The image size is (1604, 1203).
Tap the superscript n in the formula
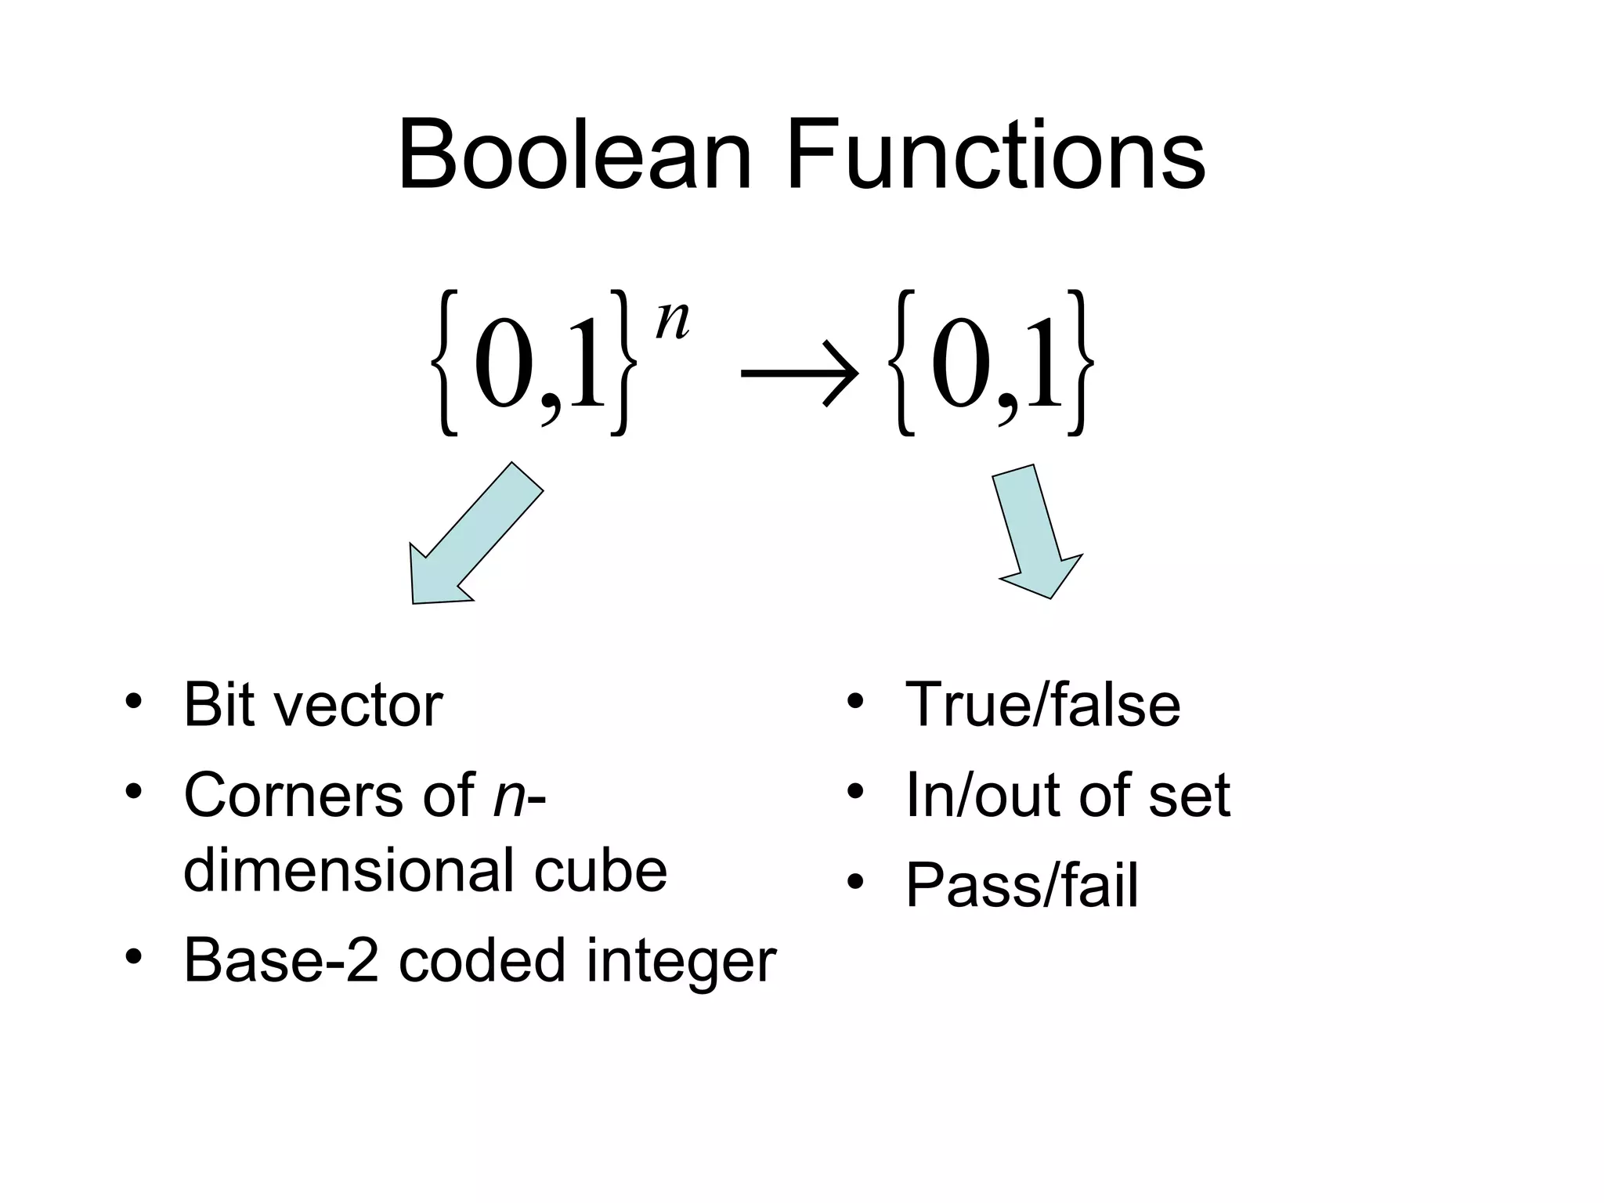[x=672, y=320]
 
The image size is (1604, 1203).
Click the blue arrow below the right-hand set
[x=1035, y=533]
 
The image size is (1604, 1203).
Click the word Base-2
[x=280, y=961]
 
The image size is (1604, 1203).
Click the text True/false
[x=1042, y=704]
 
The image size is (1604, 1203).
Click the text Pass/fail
[x=1021, y=886]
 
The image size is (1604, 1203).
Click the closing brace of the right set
[x=1078, y=362]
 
